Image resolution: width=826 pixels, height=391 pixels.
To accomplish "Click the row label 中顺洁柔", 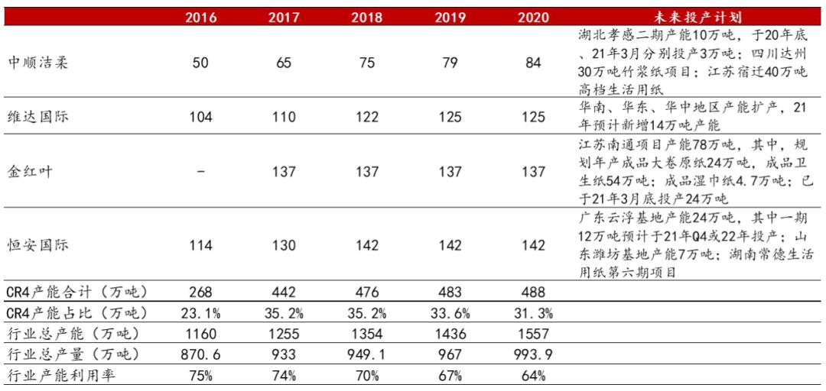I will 37,63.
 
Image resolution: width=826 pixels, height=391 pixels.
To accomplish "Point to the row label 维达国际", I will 37,117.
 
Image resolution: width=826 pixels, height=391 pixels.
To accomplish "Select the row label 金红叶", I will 31,172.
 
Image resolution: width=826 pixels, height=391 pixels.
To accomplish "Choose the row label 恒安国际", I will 37,245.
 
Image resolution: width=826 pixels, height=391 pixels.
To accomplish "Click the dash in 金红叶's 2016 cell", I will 200,172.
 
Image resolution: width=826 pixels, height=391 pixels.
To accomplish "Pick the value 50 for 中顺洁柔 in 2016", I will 200,63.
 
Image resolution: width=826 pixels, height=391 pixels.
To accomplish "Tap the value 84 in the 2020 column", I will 533,63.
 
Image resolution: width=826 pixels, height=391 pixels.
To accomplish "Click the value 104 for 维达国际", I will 200,117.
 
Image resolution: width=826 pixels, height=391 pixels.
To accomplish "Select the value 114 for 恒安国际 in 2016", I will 200,245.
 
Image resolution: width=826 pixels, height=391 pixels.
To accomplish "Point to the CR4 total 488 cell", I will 533,292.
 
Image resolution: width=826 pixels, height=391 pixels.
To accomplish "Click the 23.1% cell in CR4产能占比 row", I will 200,312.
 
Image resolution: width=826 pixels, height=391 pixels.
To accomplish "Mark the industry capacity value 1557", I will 533,334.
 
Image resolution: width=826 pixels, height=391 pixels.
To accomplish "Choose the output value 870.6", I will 200,354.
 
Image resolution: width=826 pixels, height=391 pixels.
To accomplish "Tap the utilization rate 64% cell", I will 533,375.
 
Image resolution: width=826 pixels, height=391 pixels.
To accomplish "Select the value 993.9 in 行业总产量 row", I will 533,354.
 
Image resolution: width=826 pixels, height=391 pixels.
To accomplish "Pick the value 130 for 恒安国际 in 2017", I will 284,245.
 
